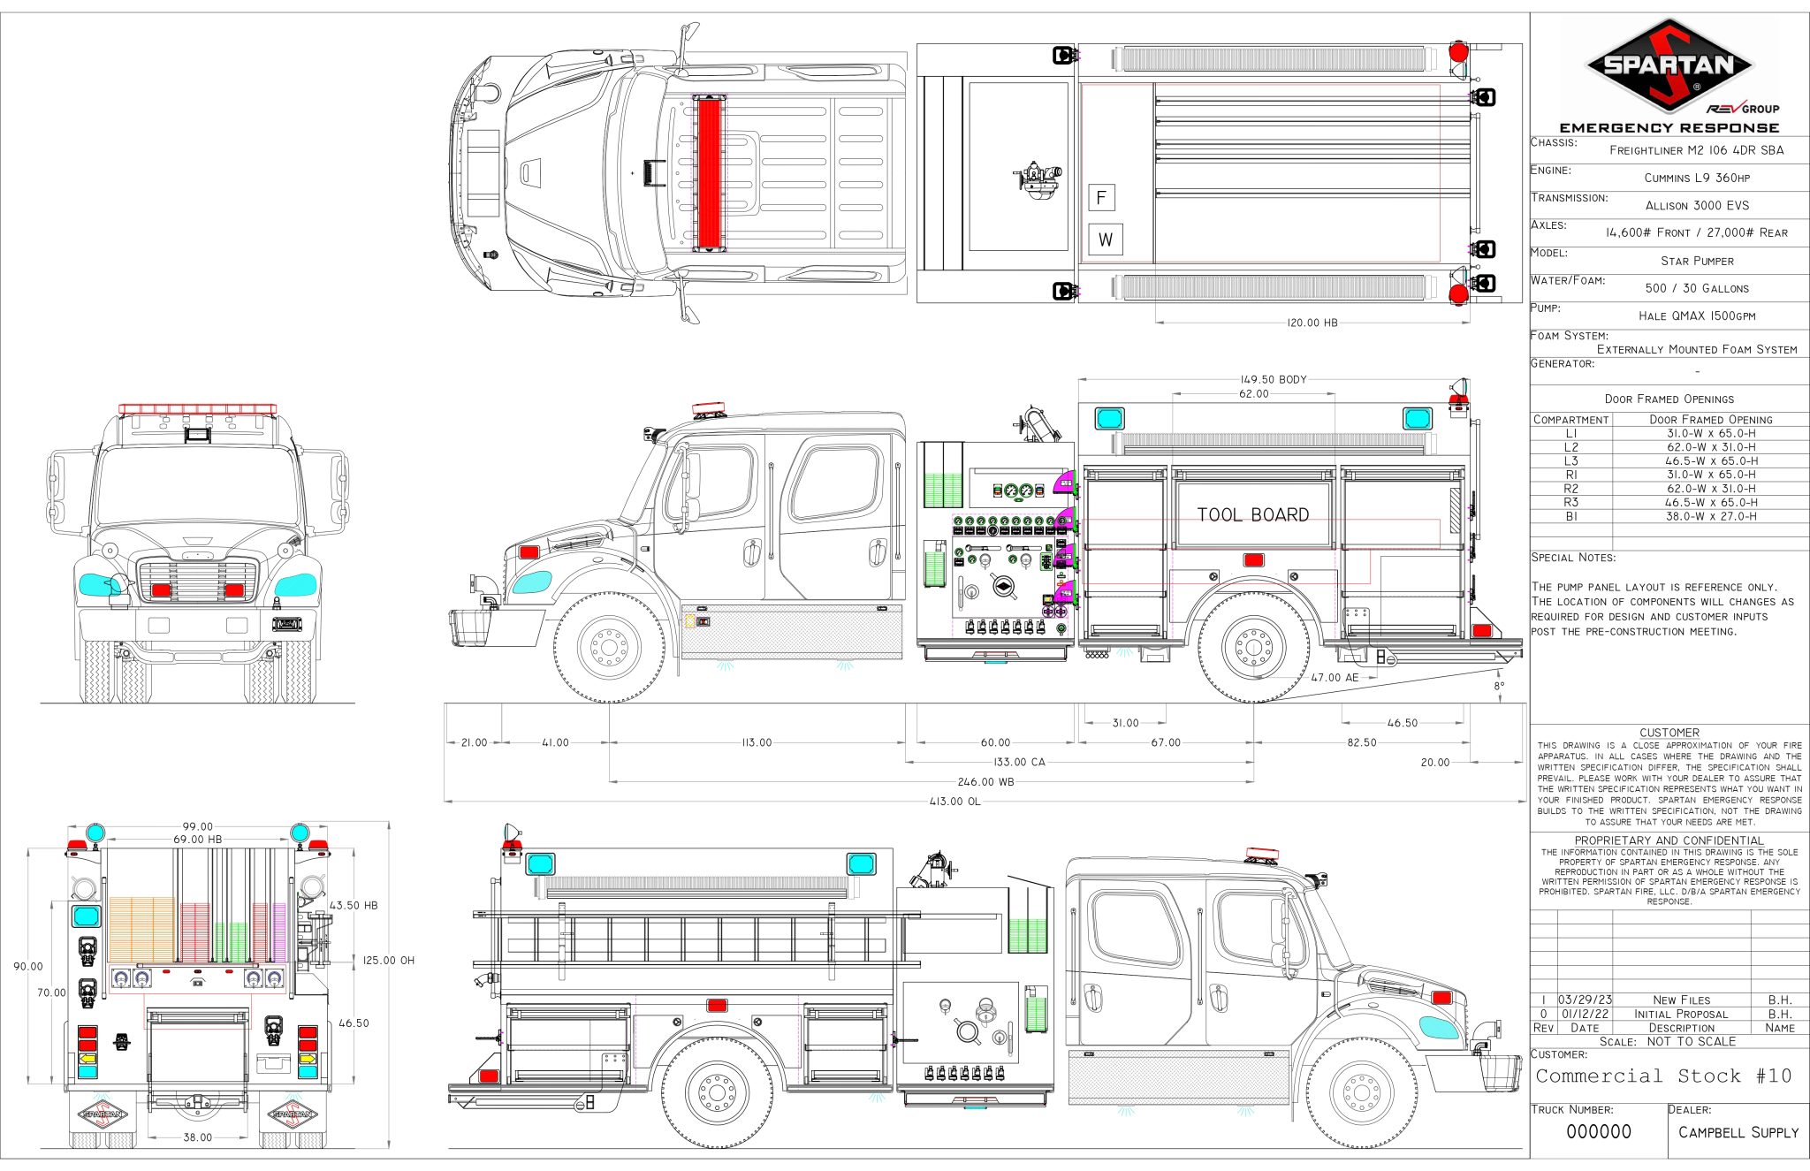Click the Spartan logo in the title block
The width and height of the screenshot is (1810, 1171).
(x=1669, y=66)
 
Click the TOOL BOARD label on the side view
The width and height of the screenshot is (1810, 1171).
(x=1252, y=514)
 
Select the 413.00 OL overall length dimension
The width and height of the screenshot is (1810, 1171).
(x=954, y=802)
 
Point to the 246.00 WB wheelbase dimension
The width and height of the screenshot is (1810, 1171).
(x=985, y=782)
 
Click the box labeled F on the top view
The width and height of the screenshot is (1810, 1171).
(x=1101, y=197)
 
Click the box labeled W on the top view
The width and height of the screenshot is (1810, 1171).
(x=1105, y=240)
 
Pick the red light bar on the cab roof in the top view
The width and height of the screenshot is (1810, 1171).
(x=709, y=172)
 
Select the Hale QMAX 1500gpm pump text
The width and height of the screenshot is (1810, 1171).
(x=1697, y=316)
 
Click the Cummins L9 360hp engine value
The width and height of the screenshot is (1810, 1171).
(x=1697, y=178)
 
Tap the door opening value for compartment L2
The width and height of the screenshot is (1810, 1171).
(x=1711, y=447)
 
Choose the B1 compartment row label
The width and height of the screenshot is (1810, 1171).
(x=1570, y=516)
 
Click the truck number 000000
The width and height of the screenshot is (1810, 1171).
(x=1598, y=1132)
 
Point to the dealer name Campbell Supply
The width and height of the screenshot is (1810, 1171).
(x=1738, y=1132)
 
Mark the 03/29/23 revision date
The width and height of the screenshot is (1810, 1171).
(x=1585, y=1000)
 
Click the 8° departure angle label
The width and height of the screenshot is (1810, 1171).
(x=1498, y=685)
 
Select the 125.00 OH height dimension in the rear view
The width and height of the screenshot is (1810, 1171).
(x=390, y=960)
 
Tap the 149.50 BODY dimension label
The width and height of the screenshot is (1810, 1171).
(x=1273, y=379)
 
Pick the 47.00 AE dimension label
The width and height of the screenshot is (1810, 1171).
(x=1334, y=677)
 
